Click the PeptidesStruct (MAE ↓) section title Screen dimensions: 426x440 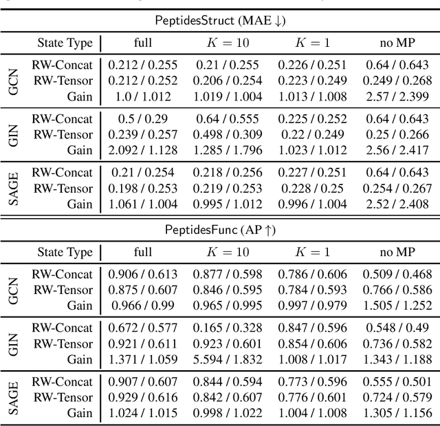pyautogui.click(x=220, y=21)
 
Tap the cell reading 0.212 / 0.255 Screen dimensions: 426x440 pyautogui.click(x=143, y=66)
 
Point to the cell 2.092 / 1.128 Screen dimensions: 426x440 pyautogui.click(x=143, y=149)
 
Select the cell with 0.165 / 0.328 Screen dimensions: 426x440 pyautogui.click(x=228, y=328)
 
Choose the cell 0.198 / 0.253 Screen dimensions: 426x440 pyautogui.click(x=143, y=189)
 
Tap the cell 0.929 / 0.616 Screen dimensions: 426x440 pyautogui.click(x=143, y=397)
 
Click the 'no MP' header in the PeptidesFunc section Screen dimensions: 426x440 pyautogui.click(x=395, y=253)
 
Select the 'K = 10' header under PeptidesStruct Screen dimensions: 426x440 pyautogui.click(x=228, y=43)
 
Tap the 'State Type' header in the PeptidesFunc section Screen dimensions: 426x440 pyautogui.click(x=65, y=253)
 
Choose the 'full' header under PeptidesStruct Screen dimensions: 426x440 pyautogui.click(x=143, y=43)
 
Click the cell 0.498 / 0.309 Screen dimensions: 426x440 pyautogui.click(x=228, y=134)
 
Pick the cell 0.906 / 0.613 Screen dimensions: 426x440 pyautogui.click(x=143, y=274)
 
